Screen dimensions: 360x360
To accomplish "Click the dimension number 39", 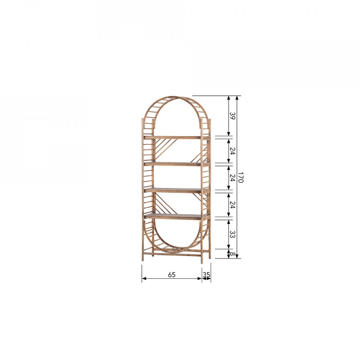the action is coord(232,116).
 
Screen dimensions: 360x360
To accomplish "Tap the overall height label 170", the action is coord(240,177).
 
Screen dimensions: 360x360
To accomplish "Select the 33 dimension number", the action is coord(232,234).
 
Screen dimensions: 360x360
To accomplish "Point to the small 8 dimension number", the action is coord(232,254).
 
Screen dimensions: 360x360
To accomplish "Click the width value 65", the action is coord(172,274).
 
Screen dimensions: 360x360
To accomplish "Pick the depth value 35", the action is coord(206,274).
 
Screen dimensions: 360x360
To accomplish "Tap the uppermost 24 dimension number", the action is coord(232,151).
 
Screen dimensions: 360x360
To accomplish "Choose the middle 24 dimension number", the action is coord(232,177).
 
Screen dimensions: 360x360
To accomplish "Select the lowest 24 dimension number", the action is coord(232,205).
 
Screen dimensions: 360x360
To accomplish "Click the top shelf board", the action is coord(177,138).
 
